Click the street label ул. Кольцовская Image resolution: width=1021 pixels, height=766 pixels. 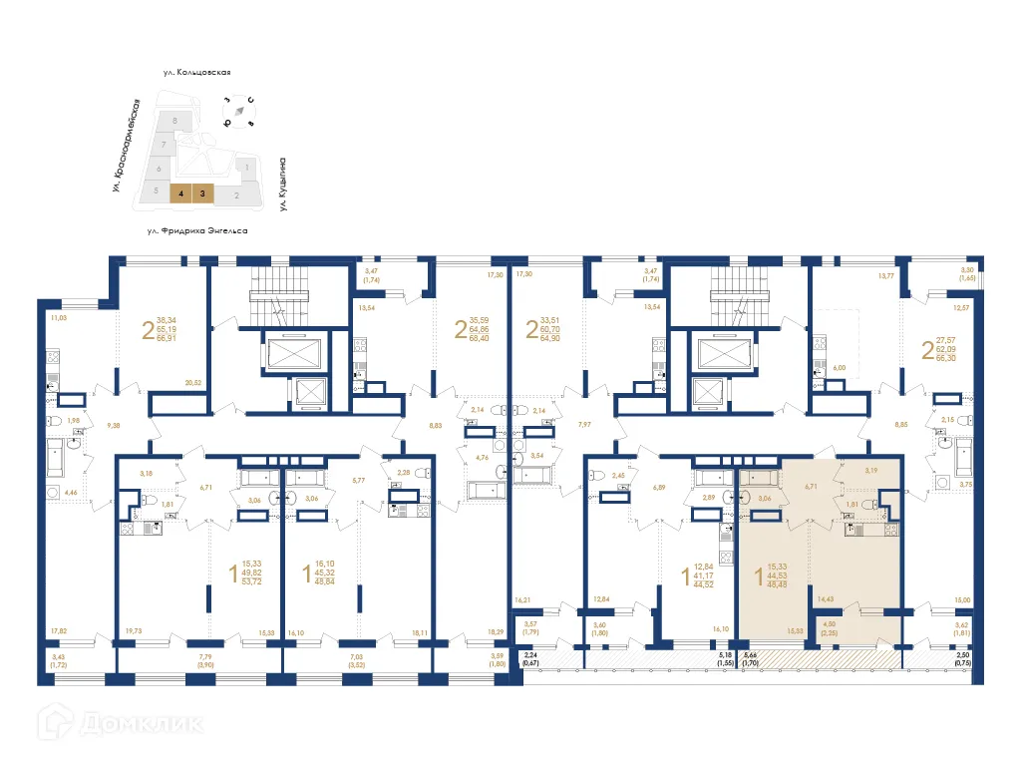198,73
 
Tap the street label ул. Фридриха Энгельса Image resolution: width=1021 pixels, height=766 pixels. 197,230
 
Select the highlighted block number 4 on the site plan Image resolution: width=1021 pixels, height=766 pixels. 179,194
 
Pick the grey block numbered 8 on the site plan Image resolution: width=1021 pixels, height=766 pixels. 175,121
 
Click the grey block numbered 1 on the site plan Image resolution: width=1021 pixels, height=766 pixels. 246,168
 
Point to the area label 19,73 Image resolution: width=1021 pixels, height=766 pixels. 133,631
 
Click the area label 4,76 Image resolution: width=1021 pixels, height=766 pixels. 482,459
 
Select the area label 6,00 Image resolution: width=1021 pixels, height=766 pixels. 839,367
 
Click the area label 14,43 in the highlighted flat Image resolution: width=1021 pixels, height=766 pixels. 826,599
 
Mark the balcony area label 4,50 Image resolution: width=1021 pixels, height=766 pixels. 829,624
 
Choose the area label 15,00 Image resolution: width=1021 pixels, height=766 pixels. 961,599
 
